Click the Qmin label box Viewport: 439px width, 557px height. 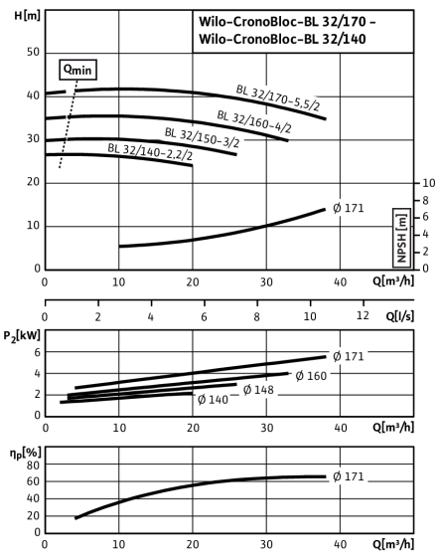pyautogui.click(x=77, y=70)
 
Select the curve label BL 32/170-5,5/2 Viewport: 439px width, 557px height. pyautogui.click(x=278, y=97)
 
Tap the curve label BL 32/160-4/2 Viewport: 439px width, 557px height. pyautogui.click(x=254, y=121)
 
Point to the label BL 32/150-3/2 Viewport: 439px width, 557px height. pyautogui.click(x=203, y=138)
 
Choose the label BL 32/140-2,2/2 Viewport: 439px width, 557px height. pyautogui.click(x=150, y=151)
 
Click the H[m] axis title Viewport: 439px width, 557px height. pyautogui.click(x=27, y=16)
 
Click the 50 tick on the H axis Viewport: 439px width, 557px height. pyautogui.click(x=33, y=52)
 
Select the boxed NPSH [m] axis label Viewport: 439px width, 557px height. pyautogui.click(x=402, y=238)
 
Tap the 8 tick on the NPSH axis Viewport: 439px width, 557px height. pyautogui.click(x=424, y=201)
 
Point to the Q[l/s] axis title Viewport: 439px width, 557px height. pyautogui.click(x=399, y=316)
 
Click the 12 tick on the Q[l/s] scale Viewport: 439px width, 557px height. pyautogui.click(x=363, y=315)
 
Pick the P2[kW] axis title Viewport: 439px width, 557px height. pyautogui.click(x=22, y=336)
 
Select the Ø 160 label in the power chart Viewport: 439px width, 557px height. pyautogui.click(x=311, y=376)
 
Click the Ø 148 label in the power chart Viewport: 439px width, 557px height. pyautogui.click(x=258, y=390)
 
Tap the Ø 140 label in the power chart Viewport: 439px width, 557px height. pyautogui.click(x=213, y=400)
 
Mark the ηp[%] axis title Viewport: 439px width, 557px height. pyautogui.click(x=26, y=453)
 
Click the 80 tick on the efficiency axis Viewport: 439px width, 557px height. pyautogui.click(x=34, y=465)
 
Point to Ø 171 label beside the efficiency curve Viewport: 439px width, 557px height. pyautogui.click(x=349, y=476)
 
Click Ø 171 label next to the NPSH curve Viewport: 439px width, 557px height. pyautogui.click(x=349, y=208)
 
